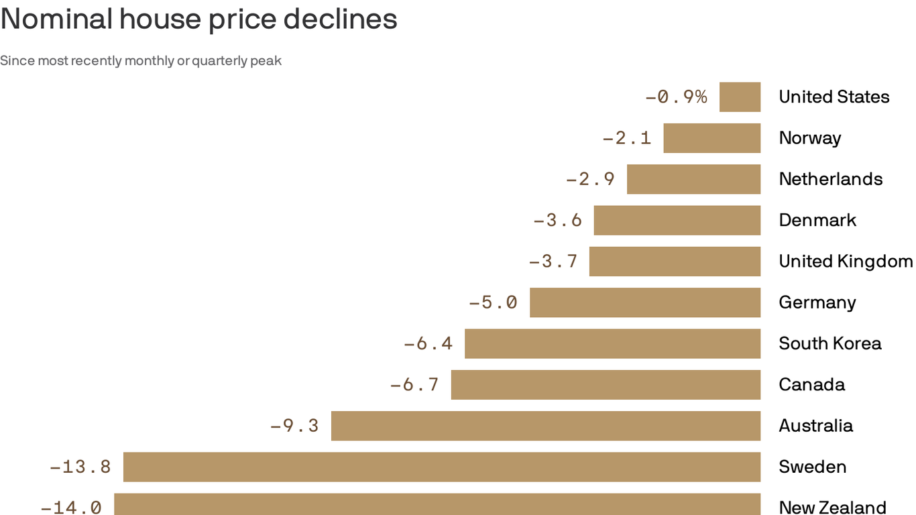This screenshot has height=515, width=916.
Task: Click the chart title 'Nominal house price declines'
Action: (x=198, y=19)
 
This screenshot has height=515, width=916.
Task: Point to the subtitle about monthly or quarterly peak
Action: (x=141, y=61)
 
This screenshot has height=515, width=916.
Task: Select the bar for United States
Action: (x=740, y=97)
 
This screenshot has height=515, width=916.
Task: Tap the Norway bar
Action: (x=711, y=138)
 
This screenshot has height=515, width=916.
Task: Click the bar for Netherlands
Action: (x=693, y=179)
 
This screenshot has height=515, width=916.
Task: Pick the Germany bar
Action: (x=644, y=302)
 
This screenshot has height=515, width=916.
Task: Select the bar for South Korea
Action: (x=612, y=343)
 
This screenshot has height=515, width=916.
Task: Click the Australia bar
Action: (x=545, y=426)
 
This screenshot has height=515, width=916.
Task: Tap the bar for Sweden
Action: (x=441, y=467)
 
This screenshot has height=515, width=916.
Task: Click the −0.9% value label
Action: (x=676, y=97)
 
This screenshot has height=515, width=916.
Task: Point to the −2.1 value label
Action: (x=627, y=138)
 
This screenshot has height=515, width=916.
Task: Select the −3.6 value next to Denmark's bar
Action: (x=558, y=220)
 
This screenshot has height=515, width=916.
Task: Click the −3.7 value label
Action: (x=553, y=261)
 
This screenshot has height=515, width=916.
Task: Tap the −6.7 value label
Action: (x=414, y=385)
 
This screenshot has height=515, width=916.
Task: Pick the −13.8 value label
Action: (x=80, y=467)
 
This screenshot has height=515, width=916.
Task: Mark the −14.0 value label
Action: (x=71, y=507)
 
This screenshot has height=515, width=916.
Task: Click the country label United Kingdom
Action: (x=845, y=261)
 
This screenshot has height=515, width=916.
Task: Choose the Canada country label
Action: (x=811, y=385)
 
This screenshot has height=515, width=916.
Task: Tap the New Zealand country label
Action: (x=832, y=507)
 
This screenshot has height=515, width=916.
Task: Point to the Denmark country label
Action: (x=817, y=220)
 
